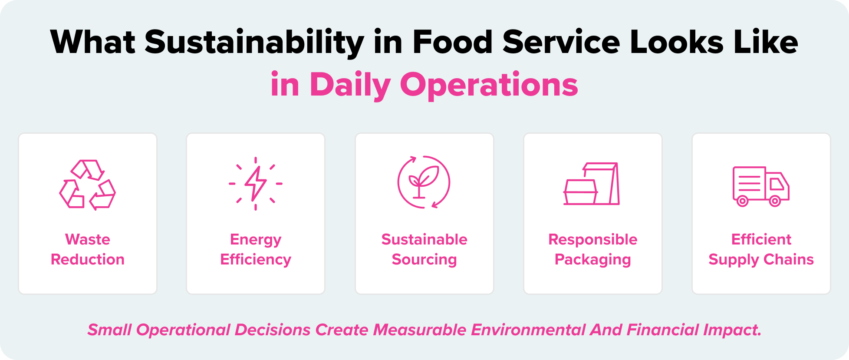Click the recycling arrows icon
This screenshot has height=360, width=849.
87,185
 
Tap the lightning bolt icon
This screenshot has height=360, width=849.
256,184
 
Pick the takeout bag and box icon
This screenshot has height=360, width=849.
592,184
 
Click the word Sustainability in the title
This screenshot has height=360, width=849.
254,43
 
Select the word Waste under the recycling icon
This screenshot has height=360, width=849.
88,239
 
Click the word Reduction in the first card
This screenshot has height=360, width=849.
88,259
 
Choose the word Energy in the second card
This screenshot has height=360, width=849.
256,239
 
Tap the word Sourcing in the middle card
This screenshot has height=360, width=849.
424,259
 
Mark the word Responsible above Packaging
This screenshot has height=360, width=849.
592,239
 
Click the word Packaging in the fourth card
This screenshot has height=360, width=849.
592,259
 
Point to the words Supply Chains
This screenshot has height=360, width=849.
761,259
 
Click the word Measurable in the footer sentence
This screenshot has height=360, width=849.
419,330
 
